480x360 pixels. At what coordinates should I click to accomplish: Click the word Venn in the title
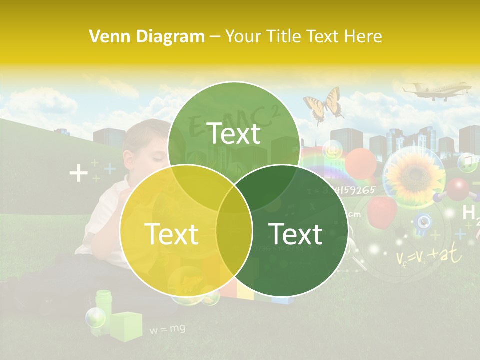[x=105, y=36]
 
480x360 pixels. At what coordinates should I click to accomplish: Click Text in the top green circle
[x=234, y=133]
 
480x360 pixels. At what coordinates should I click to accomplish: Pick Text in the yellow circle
[x=171, y=234]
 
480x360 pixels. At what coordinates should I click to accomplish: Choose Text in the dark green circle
[x=295, y=234]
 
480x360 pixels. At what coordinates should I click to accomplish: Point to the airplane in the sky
[x=437, y=91]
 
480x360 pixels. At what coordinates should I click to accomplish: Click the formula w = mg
[x=167, y=329]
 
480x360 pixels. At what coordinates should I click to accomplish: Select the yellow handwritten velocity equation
[x=428, y=256]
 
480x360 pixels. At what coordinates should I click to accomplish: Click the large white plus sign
[x=78, y=173]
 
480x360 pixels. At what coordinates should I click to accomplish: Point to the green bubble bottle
[x=103, y=304]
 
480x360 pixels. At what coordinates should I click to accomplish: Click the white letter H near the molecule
[x=469, y=213]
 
